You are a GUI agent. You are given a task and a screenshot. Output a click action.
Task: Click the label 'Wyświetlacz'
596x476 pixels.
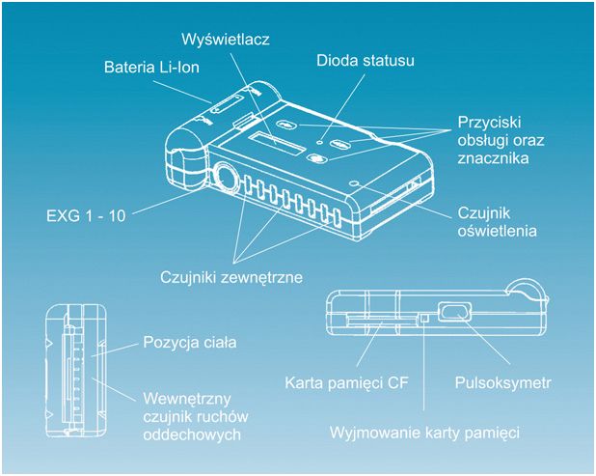pos(227,40)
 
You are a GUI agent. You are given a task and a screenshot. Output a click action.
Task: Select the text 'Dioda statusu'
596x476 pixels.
pos(366,61)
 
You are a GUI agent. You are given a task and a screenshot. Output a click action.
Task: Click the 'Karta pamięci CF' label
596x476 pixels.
pos(346,382)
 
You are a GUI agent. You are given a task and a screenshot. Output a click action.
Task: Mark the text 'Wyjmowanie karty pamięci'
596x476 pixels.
pos(425,433)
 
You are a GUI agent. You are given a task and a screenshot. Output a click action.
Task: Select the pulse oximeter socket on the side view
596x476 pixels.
pos(452,312)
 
